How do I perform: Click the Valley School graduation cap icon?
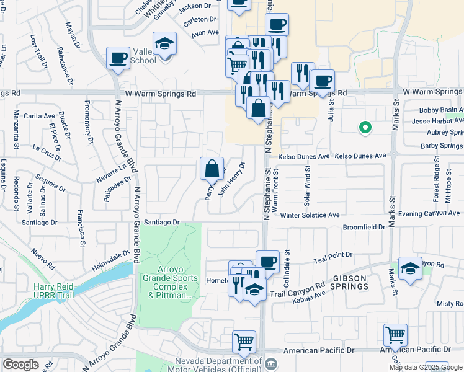coord(164,44)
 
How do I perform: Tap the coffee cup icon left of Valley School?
coord(118,59)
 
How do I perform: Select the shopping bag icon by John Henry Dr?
coord(212,168)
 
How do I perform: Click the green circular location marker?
coord(365,128)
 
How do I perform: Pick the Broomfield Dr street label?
coord(364,228)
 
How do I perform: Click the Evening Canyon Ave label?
coord(427,213)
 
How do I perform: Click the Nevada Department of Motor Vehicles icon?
coord(270,363)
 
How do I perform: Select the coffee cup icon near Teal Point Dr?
coord(267,262)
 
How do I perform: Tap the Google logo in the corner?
coord(20,365)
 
